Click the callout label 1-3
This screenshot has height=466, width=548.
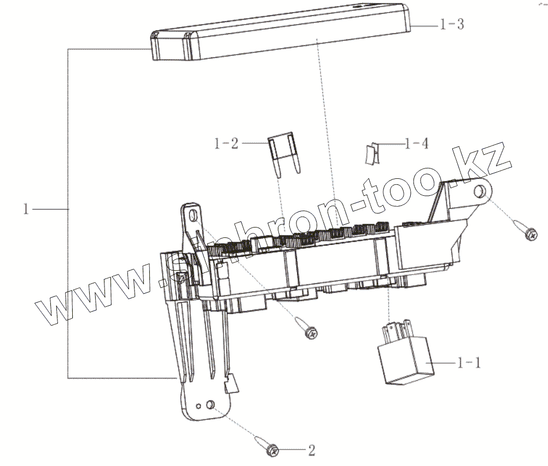click(452, 25)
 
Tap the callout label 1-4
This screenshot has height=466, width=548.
click(417, 144)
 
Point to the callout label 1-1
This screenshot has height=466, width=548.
click(470, 363)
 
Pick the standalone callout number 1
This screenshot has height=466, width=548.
click(26, 209)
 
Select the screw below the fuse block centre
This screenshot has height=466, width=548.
click(307, 328)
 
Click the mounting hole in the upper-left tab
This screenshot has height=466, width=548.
click(193, 217)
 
